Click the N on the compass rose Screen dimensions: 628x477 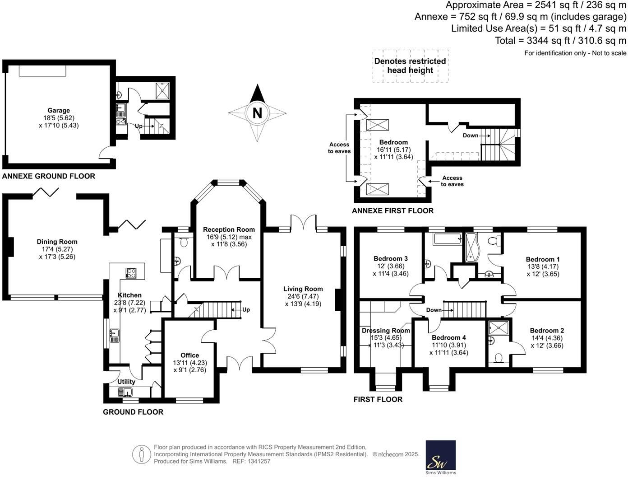click(257, 112)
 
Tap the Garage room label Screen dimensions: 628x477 click(59, 110)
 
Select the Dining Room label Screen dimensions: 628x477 click(57, 242)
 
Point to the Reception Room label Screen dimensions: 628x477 click(229, 229)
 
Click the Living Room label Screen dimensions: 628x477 click(303, 289)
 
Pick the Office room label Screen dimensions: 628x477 click(189, 355)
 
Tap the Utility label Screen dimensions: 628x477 click(126, 382)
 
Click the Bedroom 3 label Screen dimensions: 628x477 click(391, 258)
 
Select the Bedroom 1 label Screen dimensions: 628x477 click(543, 259)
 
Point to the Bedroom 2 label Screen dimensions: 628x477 click(547, 330)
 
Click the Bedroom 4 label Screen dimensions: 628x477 click(448, 337)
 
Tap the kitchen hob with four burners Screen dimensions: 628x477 click(131, 273)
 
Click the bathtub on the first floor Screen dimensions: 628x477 click(447, 239)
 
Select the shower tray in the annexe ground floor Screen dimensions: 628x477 click(162, 91)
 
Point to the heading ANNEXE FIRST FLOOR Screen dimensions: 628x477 click(392, 210)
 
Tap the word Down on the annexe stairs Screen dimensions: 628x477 click(471, 136)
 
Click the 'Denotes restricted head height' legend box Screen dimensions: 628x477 click(410, 66)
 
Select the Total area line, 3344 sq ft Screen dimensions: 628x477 click(560, 41)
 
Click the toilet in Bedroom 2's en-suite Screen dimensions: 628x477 click(499, 358)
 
